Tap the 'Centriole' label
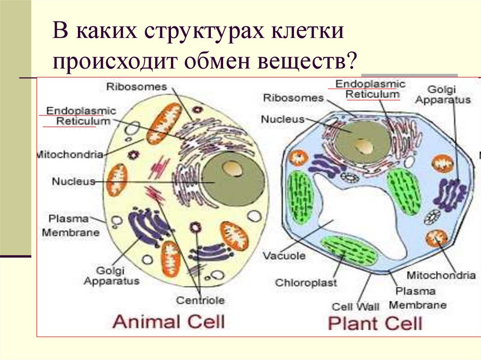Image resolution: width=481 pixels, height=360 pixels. (200, 300)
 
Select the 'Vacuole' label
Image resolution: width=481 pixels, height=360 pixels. (284, 256)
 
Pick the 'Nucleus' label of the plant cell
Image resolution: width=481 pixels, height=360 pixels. (283, 119)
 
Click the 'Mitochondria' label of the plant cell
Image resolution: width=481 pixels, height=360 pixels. (441, 276)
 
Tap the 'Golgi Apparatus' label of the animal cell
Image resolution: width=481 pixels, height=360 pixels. (111, 276)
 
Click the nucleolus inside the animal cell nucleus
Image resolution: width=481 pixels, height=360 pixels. (230, 169)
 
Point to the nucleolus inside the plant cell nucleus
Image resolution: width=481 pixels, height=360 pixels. (363, 146)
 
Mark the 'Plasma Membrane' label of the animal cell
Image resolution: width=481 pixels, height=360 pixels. (70, 226)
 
